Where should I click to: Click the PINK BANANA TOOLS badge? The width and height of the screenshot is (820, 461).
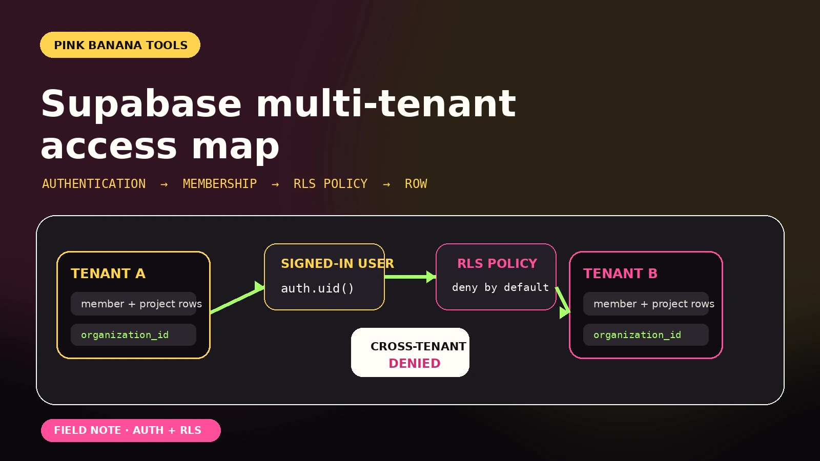[x=120, y=45]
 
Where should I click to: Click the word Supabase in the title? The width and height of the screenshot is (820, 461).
[x=141, y=104]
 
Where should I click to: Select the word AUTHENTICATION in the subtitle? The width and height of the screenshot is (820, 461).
[x=94, y=184]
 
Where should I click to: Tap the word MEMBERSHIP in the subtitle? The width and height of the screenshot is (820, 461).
[x=220, y=184]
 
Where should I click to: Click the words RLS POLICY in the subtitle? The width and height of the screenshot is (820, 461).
[x=330, y=184]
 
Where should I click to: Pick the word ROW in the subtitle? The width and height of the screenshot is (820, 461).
[x=416, y=184]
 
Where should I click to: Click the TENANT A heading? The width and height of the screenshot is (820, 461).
[x=108, y=274]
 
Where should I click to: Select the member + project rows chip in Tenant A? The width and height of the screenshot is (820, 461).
[x=134, y=304]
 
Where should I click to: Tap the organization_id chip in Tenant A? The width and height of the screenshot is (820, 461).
[x=134, y=335]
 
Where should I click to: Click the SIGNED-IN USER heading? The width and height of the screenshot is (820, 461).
[x=338, y=263]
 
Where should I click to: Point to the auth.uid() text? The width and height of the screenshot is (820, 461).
[x=317, y=288]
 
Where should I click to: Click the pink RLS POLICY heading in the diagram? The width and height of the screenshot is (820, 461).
[x=497, y=263]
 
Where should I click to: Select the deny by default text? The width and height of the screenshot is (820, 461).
[x=500, y=287]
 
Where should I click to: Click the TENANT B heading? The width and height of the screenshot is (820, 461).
[x=620, y=274]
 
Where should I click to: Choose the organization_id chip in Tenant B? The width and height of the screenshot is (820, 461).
[x=646, y=335]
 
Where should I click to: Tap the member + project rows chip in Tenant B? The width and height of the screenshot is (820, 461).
[x=646, y=304]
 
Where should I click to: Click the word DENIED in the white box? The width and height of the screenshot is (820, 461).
[x=415, y=363]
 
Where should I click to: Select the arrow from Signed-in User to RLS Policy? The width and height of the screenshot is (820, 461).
[x=411, y=277]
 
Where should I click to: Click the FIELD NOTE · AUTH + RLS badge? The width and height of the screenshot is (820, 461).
[x=131, y=430]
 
